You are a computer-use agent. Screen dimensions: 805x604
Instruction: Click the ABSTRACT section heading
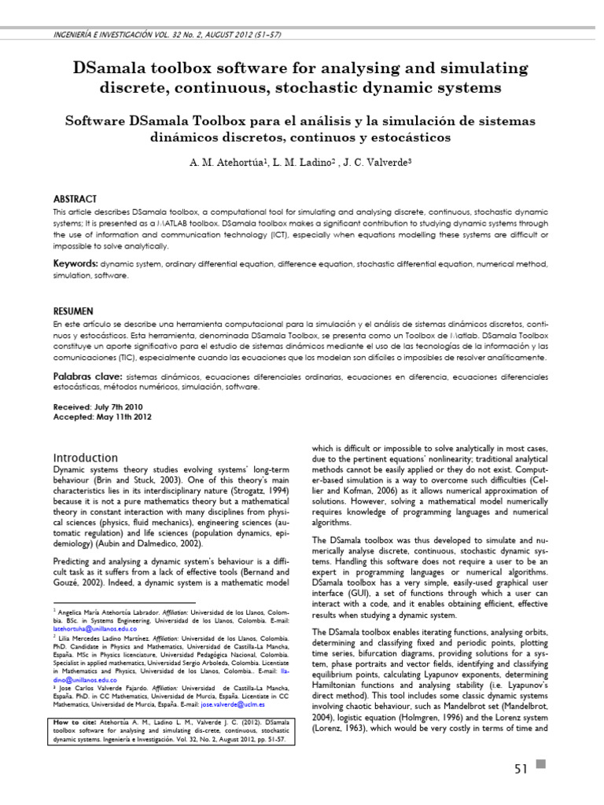point(75,199)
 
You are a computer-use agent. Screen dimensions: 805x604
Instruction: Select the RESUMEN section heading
point(73,311)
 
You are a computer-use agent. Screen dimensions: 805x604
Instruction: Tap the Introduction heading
point(85,458)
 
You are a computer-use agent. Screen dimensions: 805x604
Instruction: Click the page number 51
point(521,770)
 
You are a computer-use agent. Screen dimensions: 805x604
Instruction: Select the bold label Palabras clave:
point(87,377)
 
